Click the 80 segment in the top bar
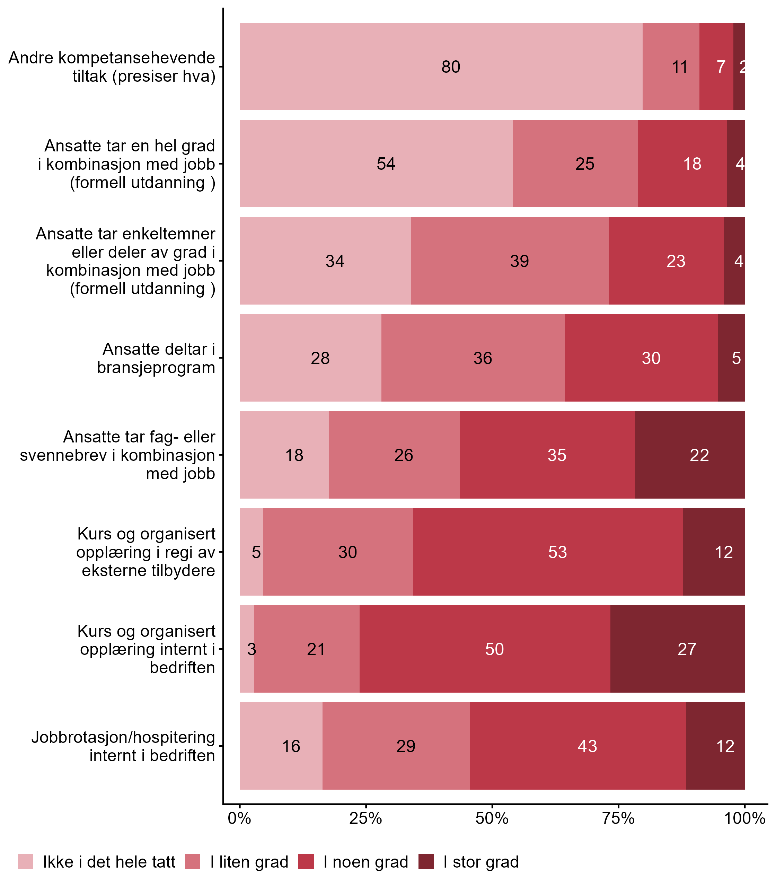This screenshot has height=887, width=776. (x=450, y=67)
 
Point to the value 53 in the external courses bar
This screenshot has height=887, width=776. (x=557, y=552)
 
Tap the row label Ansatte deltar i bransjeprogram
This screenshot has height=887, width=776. (x=156, y=358)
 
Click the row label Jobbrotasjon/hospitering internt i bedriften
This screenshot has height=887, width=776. (x=123, y=746)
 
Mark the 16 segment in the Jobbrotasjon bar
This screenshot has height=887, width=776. (x=291, y=746)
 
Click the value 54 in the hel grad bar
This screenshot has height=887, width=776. (x=386, y=164)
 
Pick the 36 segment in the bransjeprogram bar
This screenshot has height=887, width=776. (x=482, y=358)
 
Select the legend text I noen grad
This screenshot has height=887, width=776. (x=365, y=862)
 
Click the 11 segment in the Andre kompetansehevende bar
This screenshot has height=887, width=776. (x=679, y=67)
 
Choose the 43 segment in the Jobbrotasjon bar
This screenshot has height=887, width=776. (x=587, y=746)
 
